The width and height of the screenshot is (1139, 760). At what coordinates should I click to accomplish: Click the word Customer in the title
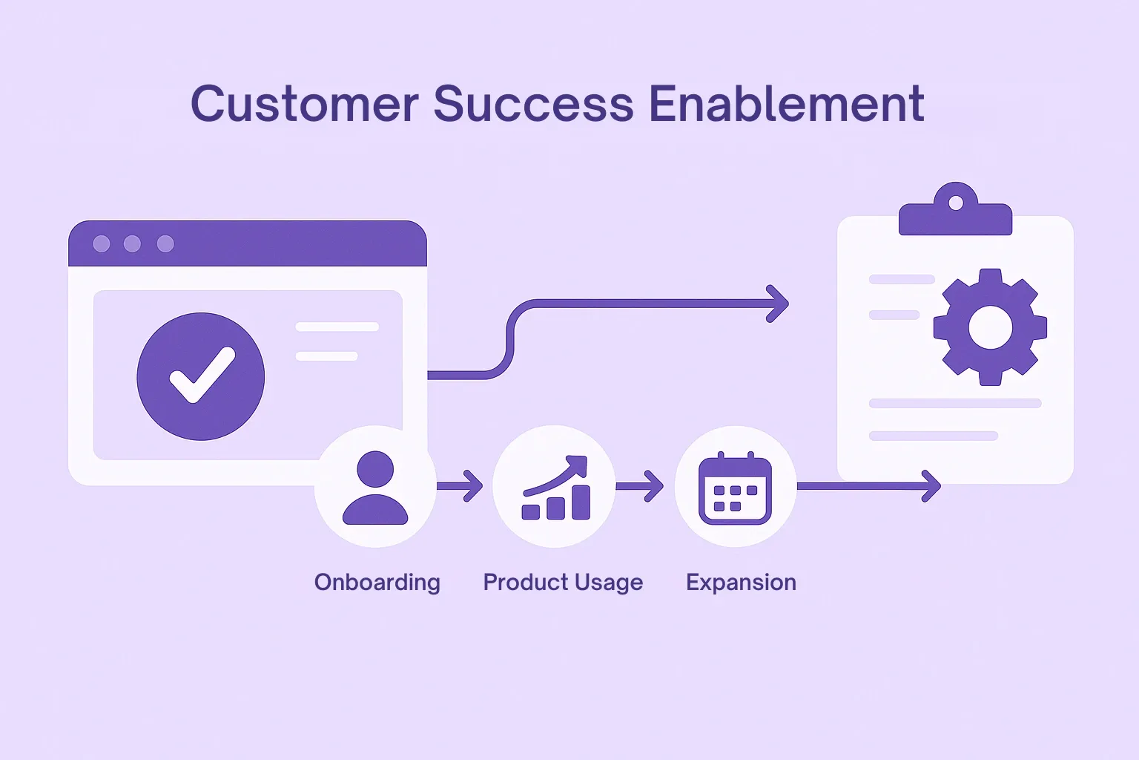[x=305, y=104]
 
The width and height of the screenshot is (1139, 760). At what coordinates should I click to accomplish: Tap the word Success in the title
[x=533, y=104]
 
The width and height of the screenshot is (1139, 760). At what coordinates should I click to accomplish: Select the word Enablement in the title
[x=787, y=104]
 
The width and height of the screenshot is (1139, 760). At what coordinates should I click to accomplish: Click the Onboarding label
[x=377, y=583]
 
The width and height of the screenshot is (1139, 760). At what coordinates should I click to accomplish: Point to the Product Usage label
[x=563, y=583]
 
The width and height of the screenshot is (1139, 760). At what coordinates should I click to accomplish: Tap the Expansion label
[x=741, y=583]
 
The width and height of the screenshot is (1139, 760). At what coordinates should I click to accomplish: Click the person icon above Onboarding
[x=375, y=487]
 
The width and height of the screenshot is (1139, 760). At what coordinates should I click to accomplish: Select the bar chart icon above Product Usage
[x=555, y=487]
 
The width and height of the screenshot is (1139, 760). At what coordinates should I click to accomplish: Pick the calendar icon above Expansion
[x=736, y=488]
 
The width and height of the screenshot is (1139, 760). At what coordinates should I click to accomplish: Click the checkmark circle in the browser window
[x=201, y=376]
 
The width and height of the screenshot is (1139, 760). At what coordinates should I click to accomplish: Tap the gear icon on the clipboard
[x=990, y=327]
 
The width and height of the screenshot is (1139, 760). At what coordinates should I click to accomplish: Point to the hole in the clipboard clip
[x=955, y=203]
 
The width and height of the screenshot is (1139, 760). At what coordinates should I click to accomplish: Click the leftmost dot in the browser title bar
[x=102, y=244]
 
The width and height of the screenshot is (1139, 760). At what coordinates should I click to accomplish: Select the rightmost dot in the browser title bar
[x=165, y=244]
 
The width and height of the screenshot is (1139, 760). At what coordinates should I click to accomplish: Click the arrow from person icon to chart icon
[x=460, y=486]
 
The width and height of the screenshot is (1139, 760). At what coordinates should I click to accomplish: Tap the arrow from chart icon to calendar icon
[x=640, y=486]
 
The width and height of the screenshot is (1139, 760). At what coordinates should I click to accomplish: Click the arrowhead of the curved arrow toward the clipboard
[x=778, y=304]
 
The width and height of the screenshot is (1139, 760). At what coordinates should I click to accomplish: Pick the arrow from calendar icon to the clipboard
[x=869, y=486]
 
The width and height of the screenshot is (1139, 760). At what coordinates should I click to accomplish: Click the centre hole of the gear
[x=990, y=327]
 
